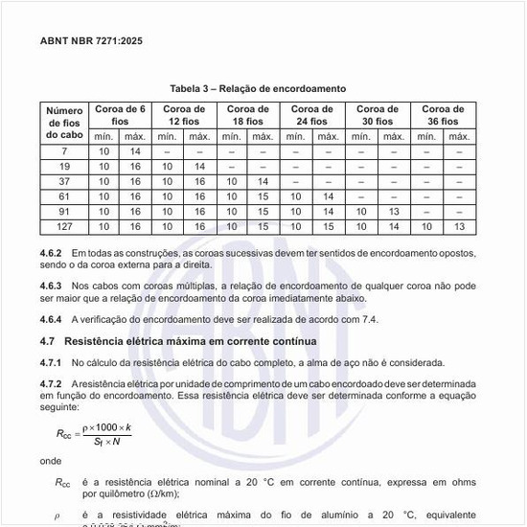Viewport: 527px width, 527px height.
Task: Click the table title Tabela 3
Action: [258, 88]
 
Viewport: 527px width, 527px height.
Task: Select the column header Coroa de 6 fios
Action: [120, 116]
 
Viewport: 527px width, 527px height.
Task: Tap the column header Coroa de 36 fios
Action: [443, 116]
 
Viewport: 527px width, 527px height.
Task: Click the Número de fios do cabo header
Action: [64, 122]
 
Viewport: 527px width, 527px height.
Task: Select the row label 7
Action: [64, 151]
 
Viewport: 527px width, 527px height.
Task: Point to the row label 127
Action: [64, 227]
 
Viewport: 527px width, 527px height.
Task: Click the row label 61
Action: [64, 196]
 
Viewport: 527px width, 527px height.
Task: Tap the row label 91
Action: [64, 212]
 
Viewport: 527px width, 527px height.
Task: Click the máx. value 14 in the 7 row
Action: [135, 151]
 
